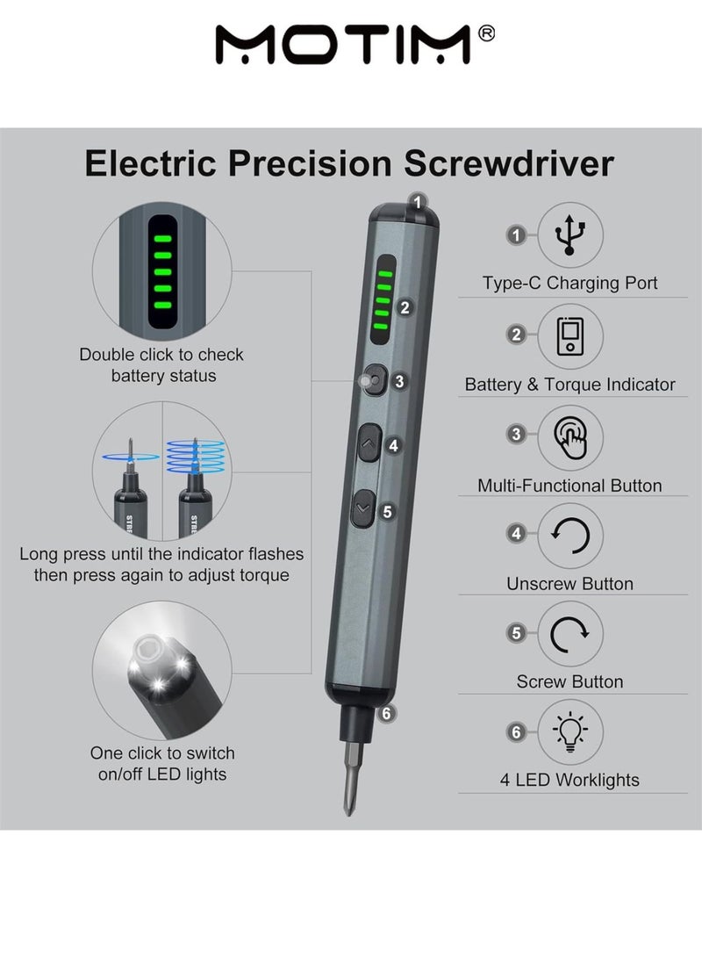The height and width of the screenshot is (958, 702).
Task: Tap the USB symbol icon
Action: point(570,234)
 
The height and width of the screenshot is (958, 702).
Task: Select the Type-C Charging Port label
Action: point(569,284)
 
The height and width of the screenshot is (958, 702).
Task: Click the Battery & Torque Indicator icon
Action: point(570,336)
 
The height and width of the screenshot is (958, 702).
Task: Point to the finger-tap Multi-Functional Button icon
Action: point(570,436)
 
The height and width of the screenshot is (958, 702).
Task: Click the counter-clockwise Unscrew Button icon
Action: point(570,535)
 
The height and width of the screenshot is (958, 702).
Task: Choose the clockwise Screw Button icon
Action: point(570,633)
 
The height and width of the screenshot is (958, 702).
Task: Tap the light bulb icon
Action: point(570,731)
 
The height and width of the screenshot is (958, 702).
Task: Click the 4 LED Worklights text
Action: point(569,780)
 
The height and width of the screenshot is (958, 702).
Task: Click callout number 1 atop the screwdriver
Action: point(418,201)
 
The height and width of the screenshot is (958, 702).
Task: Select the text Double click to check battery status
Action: point(161,365)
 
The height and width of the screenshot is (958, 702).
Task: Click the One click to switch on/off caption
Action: point(162,764)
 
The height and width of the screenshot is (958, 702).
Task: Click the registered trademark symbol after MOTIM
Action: point(488,32)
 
